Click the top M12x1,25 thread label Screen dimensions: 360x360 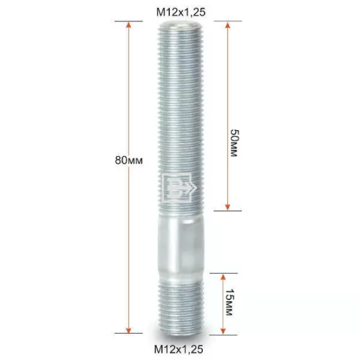tap(181, 12)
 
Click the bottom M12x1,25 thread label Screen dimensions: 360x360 tap(179, 349)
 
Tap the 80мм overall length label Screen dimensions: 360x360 tap(129, 160)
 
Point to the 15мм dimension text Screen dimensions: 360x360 tap(229, 302)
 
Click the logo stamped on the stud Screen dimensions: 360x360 tap(179, 188)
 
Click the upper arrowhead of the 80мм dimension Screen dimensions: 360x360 tap(129, 25)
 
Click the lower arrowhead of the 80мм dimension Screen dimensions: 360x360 tap(129, 330)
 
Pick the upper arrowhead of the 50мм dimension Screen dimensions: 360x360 tap(227, 25)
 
